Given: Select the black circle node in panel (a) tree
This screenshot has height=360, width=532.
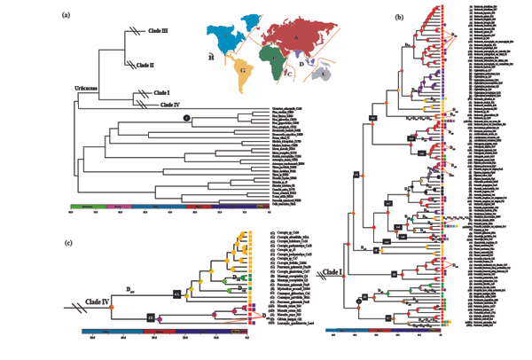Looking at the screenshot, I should pos(186,118).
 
